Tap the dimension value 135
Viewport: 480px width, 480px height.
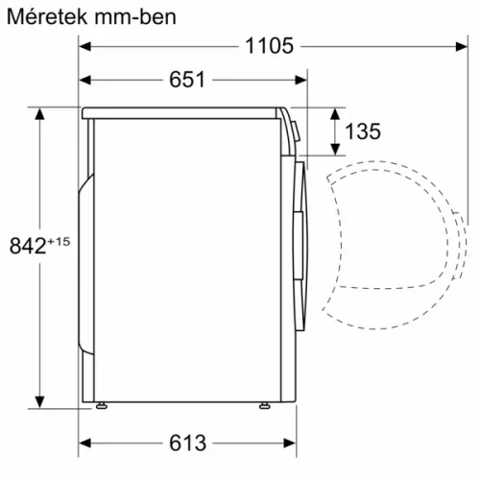(362, 132)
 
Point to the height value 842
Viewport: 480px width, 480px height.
(26, 247)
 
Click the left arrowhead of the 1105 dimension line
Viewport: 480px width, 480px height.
(85, 45)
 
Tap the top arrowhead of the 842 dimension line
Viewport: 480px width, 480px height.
(40, 113)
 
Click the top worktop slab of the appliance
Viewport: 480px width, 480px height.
(182, 112)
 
